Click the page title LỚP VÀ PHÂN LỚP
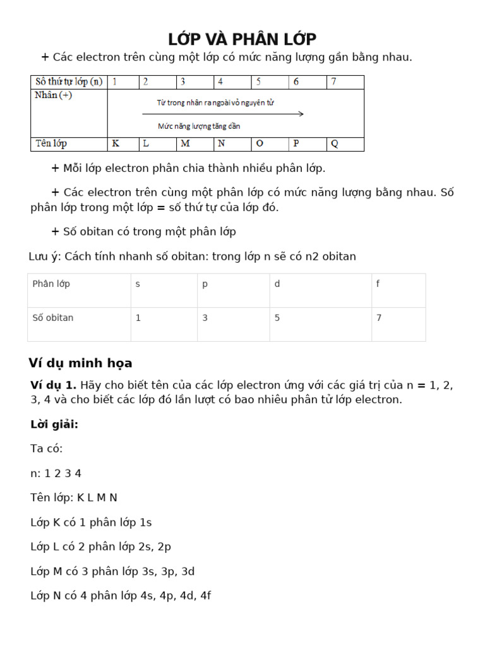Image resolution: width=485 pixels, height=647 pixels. click(242, 39)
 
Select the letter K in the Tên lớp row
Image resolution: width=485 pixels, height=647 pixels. click(116, 143)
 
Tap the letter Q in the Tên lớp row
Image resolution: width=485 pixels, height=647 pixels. click(334, 143)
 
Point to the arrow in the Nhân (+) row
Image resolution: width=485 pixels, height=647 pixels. click(223, 114)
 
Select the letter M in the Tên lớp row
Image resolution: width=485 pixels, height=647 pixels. click(185, 143)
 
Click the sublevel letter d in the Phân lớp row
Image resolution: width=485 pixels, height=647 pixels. click(277, 284)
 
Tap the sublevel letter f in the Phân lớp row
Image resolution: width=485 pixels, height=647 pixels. click(378, 284)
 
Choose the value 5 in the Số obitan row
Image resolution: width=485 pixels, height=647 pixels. click(277, 318)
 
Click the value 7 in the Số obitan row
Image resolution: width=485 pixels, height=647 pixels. click(378, 318)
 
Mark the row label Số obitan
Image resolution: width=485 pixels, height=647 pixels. click(53, 318)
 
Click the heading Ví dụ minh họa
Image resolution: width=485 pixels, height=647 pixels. click(80, 363)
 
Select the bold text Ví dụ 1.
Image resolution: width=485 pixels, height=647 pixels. click(54, 385)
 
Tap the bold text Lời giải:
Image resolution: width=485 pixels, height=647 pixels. click(54, 425)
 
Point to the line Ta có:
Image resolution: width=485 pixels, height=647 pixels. click(47, 449)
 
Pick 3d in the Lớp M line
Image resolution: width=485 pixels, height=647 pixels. click(188, 571)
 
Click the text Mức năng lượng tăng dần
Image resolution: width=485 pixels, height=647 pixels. click(199, 126)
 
